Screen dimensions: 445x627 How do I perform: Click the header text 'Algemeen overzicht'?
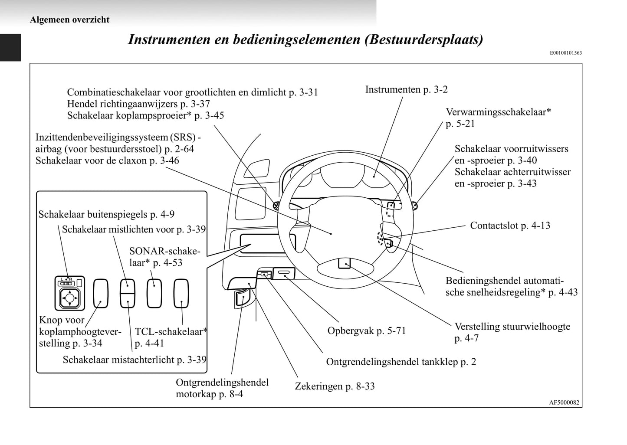pyautogui.click(x=69, y=20)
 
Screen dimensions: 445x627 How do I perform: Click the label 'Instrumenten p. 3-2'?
pyautogui.click(x=406, y=90)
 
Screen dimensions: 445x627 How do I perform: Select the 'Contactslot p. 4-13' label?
pyautogui.click(x=510, y=226)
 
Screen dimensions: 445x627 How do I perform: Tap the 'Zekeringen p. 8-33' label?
pyautogui.click(x=335, y=386)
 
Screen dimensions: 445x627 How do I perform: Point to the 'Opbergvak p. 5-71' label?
pyautogui.click(x=367, y=331)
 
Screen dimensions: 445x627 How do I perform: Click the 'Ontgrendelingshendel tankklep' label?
pyautogui.click(x=401, y=362)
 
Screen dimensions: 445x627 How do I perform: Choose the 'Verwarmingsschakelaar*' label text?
pyautogui.click(x=499, y=112)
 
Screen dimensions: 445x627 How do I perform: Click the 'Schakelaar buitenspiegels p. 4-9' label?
pyautogui.click(x=106, y=214)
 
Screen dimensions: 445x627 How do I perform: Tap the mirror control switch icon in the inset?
pyautogui.click(x=69, y=293)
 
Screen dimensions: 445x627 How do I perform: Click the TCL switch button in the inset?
pyautogui.click(x=181, y=293)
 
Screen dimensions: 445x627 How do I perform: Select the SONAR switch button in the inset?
pyautogui.click(x=154, y=293)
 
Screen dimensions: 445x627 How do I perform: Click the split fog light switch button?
pyautogui.click(x=128, y=293)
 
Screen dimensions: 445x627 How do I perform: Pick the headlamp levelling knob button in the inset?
pyautogui.click(x=101, y=293)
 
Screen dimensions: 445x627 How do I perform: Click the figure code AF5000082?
pyautogui.click(x=564, y=402)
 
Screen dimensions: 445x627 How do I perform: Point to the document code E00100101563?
pyautogui.click(x=566, y=53)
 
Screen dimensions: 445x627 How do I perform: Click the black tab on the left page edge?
pyautogui.click(x=10, y=47)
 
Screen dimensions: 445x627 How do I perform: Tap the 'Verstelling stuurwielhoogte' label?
pyautogui.click(x=512, y=327)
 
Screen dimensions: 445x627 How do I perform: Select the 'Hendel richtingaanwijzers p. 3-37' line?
pyautogui.click(x=138, y=104)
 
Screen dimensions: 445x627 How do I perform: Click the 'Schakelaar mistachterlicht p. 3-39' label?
pyautogui.click(x=135, y=360)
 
